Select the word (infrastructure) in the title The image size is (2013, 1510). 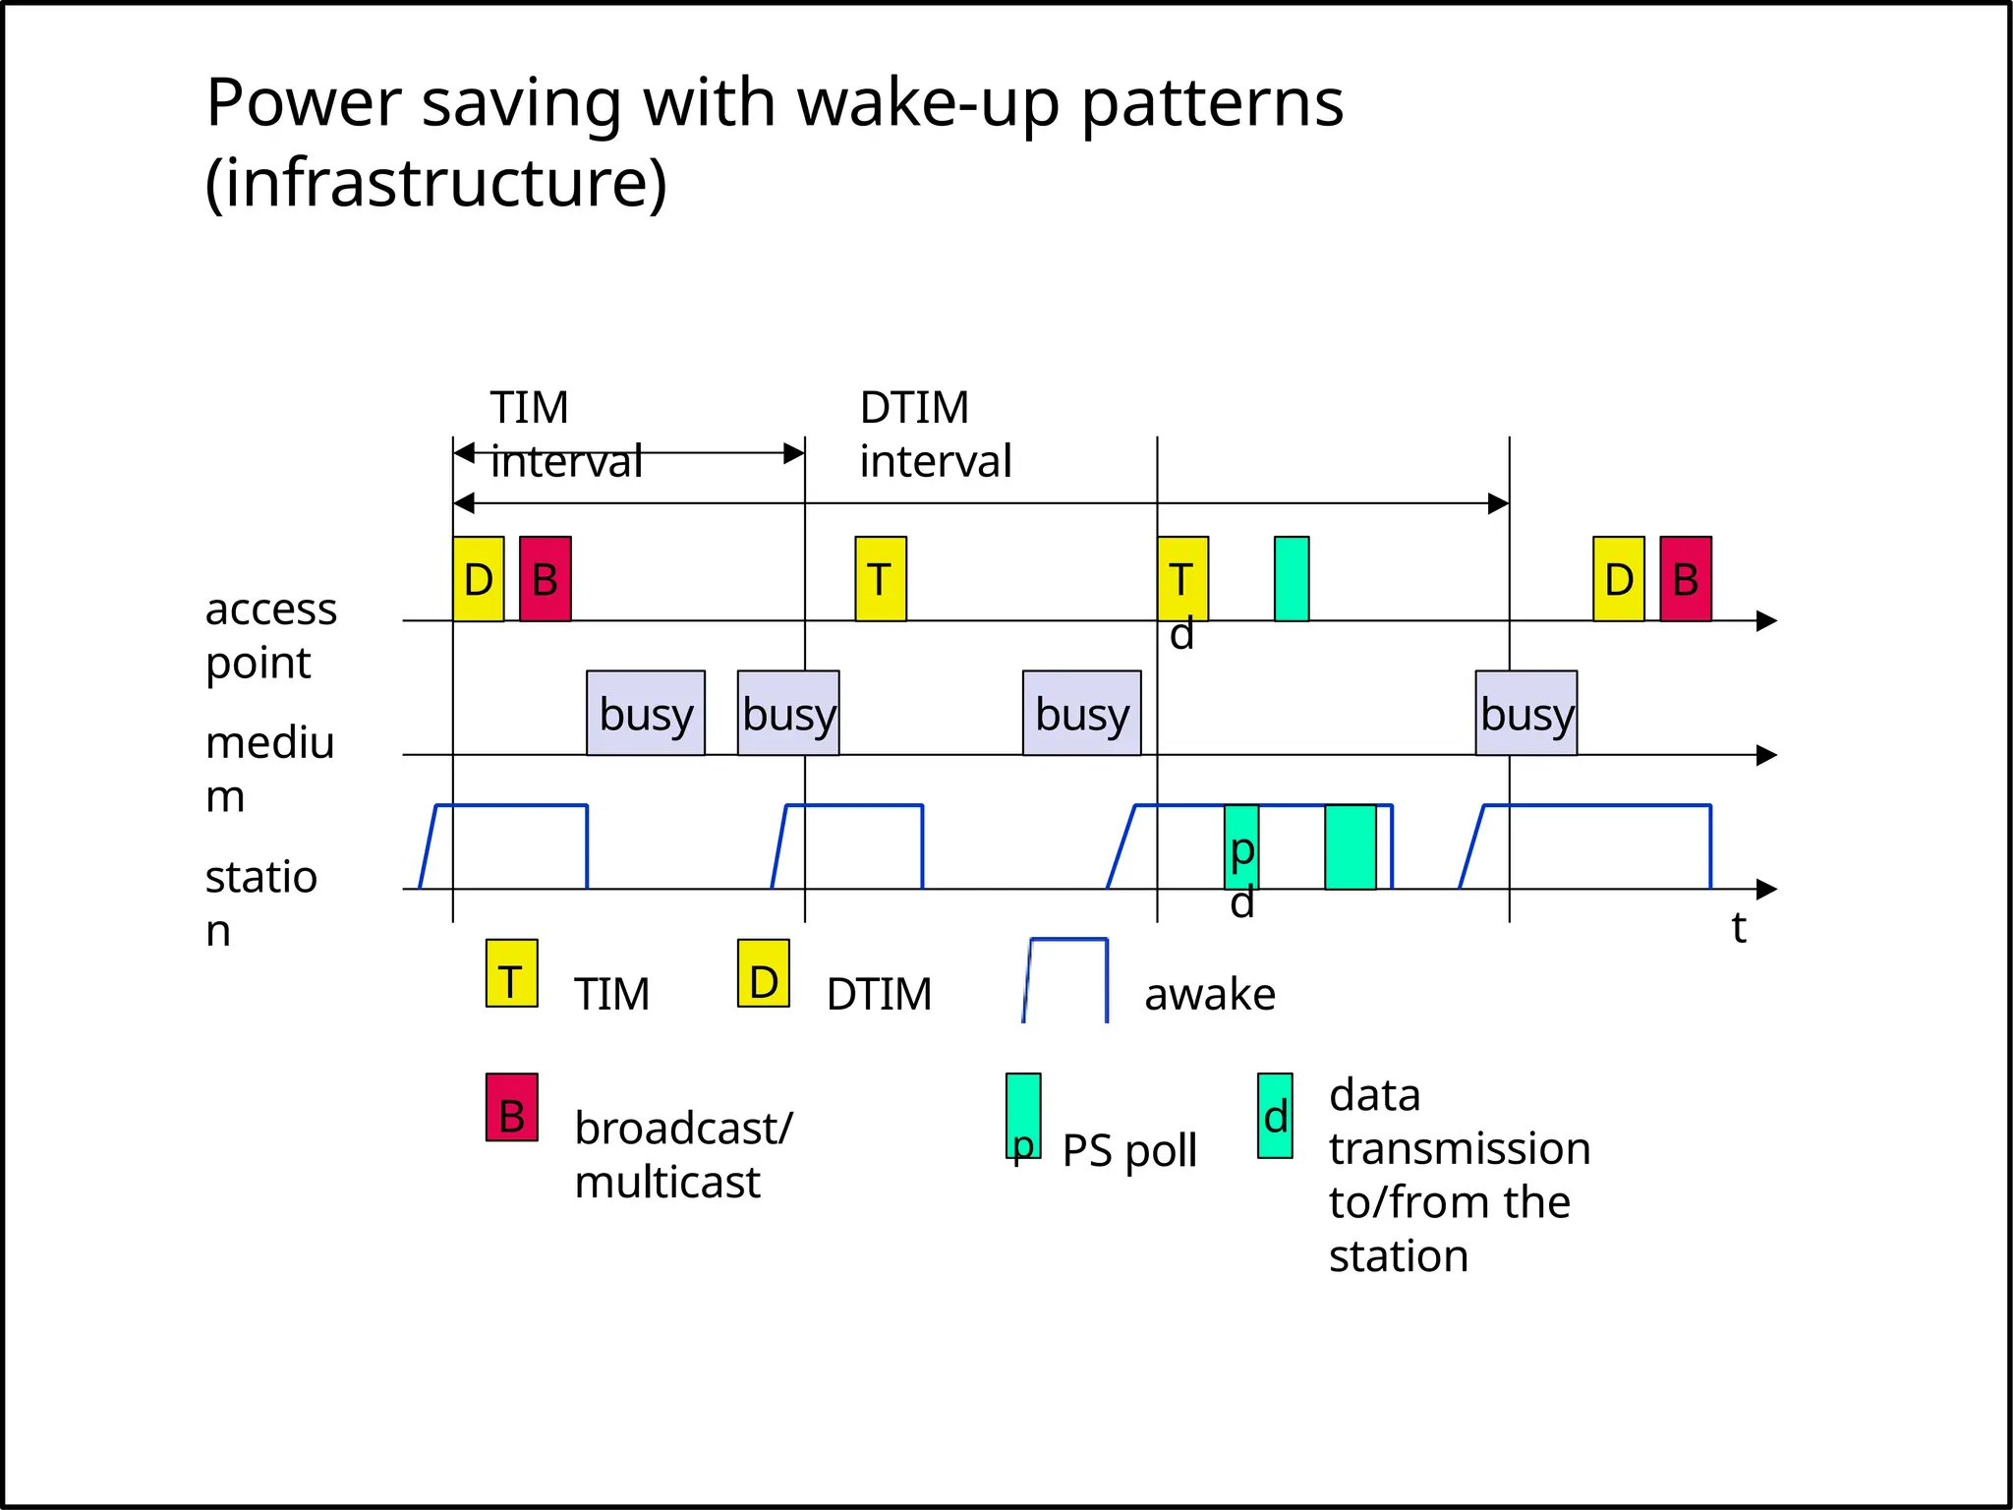click(x=436, y=184)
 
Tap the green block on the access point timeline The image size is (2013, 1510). click(x=1291, y=579)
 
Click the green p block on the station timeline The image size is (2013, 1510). click(x=1241, y=845)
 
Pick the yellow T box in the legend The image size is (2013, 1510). click(x=511, y=973)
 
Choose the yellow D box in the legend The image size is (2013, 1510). click(x=764, y=973)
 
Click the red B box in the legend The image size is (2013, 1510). click(x=511, y=1107)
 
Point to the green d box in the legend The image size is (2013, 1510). click(x=1275, y=1116)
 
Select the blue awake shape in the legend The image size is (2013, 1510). click(x=1066, y=980)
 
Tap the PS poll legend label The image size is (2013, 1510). click(x=1129, y=1150)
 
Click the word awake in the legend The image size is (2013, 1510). click(x=1210, y=995)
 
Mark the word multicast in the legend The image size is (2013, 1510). click(x=667, y=1182)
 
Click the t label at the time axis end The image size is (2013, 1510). click(x=1739, y=927)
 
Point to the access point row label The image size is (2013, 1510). click(x=270, y=635)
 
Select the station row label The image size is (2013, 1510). click(x=260, y=902)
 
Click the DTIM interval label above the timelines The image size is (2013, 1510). click(x=935, y=434)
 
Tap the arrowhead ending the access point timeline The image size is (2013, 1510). click(x=1766, y=621)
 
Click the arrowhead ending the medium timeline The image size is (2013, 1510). click(x=1766, y=755)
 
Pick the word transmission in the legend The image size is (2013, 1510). click(x=1460, y=1148)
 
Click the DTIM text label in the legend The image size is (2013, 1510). click(x=879, y=995)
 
